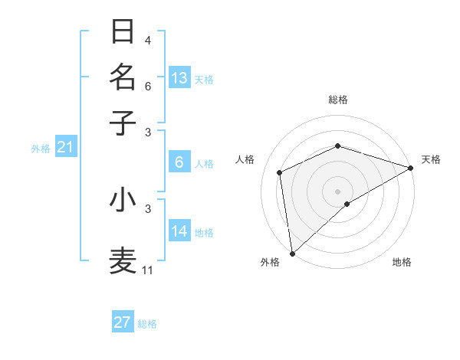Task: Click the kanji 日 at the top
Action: pos(123,31)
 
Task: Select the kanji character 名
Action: pos(123,77)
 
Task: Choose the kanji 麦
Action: pos(123,260)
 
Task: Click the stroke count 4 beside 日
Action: pos(148,41)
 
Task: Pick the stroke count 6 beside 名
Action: pos(148,86)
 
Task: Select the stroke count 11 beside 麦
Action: pos(148,270)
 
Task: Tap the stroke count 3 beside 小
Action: pos(148,208)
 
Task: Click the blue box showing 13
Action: pos(179,77)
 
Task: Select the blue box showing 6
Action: pos(179,162)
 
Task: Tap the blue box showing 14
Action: pos(179,231)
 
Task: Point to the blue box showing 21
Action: pos(65,147)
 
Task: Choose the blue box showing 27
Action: pos(123,322)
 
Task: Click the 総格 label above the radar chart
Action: pos(338,100)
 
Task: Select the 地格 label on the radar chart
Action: pos(402,262)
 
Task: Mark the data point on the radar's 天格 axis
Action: pos(411,169)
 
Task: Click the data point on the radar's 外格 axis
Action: pos(292,254)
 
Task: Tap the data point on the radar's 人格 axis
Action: pos(280,172)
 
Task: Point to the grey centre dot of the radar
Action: pos(338,191)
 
